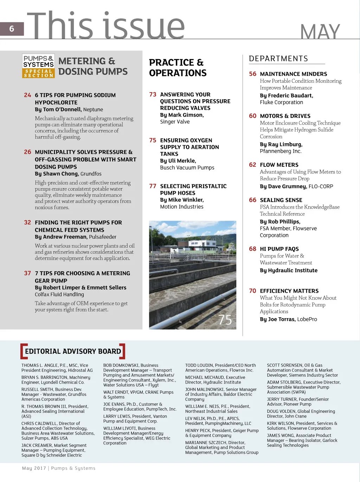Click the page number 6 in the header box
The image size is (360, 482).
click(x=12, y=29)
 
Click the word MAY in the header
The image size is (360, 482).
click(x=320, y=32)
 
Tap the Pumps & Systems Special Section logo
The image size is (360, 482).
click(x=38, y=66)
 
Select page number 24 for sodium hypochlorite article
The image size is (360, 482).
click(x=27, y=95)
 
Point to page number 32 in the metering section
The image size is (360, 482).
click(x=27, y=222)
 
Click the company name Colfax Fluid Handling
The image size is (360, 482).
click(x=59, y=294)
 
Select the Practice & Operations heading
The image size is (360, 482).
click(x=178, y=68)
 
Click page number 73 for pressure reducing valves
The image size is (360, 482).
click(x=153, y=94)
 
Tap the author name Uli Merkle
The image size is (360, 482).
click(x=182, y=161)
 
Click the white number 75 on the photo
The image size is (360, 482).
click(x=225, y=320)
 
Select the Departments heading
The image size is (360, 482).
click(x=278, y=59)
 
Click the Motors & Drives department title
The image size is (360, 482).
click(x=285, y=116)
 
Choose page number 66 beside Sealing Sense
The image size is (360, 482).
click(x=252, y=200)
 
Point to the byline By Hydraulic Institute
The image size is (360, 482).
click(x=289, y=270)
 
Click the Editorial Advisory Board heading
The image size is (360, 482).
click(x=73, y=351)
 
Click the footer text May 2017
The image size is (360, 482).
click(x=34, y=468)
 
